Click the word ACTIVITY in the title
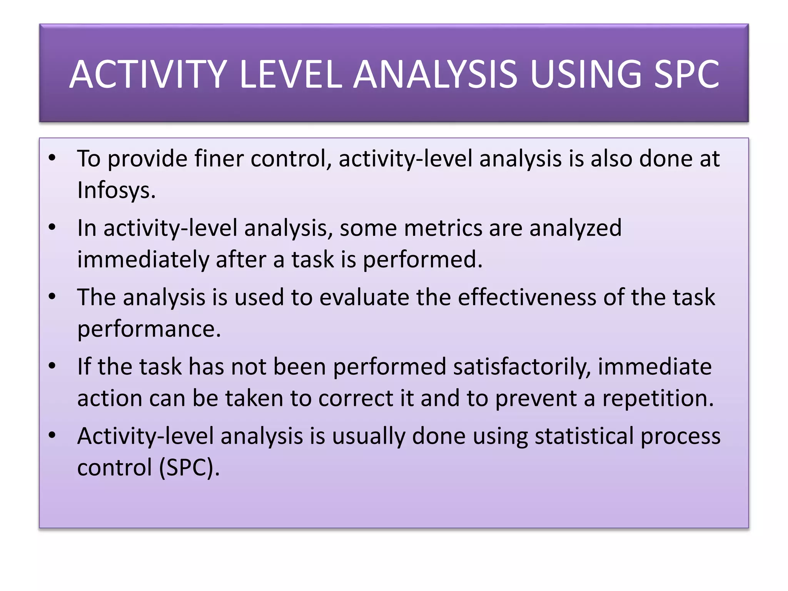pyautogui.click(x=148, y=75)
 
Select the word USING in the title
pyautogui.click(x=585, y=75)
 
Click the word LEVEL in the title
pyautogui.click(x=290, y=75)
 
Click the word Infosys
pyautogui.click(x=116, y=190)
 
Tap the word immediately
pyautogui.click(x=143, y=260)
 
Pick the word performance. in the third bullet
pyautogui.click(x=149, y=329)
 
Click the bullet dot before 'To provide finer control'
pyautogui.click(x=52, y=158)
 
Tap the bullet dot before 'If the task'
pyautogui.click(x=52, y=366)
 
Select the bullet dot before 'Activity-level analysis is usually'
pyautogui.click(x=52, y=435)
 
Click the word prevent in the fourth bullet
pyautogui.click(x=536, y=398)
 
